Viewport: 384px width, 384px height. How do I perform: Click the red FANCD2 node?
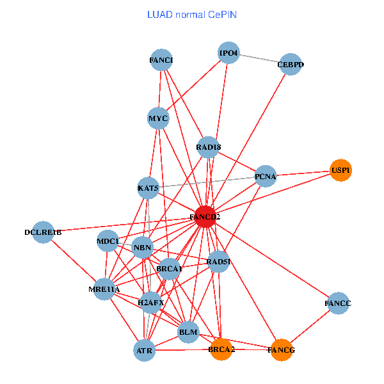[x=205, y=217]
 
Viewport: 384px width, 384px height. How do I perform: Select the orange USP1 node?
[x=341, y=170]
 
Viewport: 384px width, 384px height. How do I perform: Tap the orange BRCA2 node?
[x=221, y=349]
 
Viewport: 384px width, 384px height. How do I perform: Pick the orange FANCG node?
[x=282, y=350]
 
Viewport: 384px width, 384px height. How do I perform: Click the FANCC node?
[x=338, y=303]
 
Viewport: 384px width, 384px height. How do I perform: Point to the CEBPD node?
[x=291, y=65]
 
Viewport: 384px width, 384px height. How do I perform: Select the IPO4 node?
[x=228, y=53]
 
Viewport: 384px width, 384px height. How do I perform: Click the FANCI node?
[x=161, y=61]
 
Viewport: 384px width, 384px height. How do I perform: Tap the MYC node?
[x=158, y=118]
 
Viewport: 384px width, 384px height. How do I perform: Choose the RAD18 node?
[x=209, y=148]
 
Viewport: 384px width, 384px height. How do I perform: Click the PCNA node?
[x=265, y=176]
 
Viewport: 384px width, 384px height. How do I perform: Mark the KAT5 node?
[x=148, y=188]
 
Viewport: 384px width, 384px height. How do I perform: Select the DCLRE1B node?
[x=44, y=232]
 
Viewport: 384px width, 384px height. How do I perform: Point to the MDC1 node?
[x=108, y=241]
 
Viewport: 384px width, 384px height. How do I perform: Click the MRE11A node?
[x=104, y=290]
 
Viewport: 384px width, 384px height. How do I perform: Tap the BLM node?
[x=188, y=332]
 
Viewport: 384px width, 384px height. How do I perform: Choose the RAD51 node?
[x=218, y=261]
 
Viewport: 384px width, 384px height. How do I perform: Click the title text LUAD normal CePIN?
[x=192, y=14]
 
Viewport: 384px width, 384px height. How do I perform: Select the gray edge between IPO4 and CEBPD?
[x=259, y=59]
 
